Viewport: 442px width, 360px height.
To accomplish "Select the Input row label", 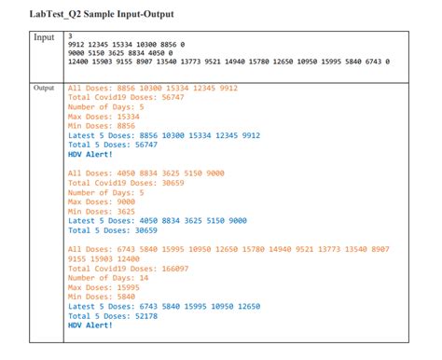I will tap(45, 38).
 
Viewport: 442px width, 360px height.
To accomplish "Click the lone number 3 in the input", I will tap(72, 35).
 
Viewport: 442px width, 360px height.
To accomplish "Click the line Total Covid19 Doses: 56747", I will tap(126, 98).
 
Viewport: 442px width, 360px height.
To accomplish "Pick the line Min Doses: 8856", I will tap(100, 125).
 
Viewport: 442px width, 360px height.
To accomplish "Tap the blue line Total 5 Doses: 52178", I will tap(113, 315).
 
